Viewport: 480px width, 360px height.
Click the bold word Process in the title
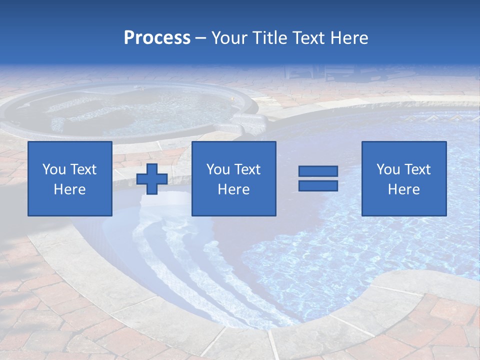click(157, 38)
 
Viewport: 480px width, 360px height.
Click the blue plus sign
click(152, 178)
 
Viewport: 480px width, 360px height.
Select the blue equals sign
click(318, 178)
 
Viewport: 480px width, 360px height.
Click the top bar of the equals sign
click(318, 171)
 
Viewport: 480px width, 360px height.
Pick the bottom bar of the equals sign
click(318, 185)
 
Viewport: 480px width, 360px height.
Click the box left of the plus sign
click(69, 178)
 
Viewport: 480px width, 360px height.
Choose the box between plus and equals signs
click(233, 178)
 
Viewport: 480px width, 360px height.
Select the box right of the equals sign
click(403, 178)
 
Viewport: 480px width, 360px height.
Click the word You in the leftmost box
click(54, 169)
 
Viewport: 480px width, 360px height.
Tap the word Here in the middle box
click(233, 189)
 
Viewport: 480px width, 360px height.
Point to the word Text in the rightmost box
click(416, 169)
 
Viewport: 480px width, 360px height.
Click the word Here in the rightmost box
click(403, 189)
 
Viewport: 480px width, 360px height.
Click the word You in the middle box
click(218, 169)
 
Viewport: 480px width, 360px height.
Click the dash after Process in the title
click(200, 38)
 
